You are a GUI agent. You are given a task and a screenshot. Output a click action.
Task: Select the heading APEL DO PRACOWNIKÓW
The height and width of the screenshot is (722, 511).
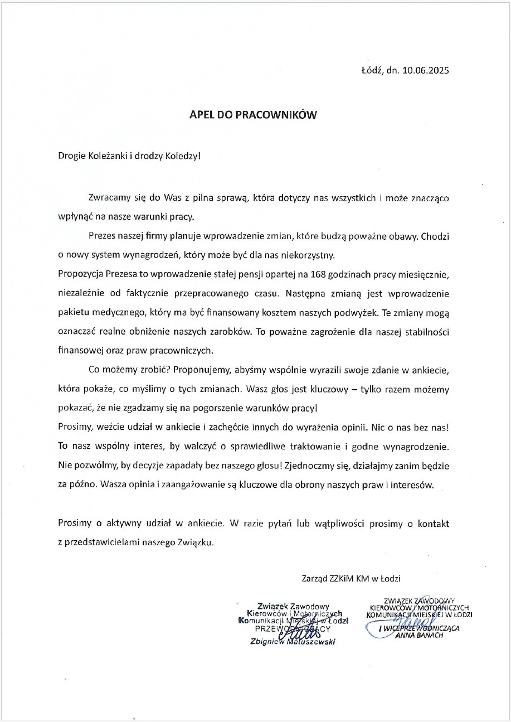pos(253,115)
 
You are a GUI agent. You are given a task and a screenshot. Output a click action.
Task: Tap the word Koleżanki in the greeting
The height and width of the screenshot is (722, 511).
pos(108,155)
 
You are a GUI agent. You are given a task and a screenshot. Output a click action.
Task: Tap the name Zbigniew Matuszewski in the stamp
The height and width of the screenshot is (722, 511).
pos(293,642)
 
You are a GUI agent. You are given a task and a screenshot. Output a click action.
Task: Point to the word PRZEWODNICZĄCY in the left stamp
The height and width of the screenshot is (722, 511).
pos(293,628)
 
